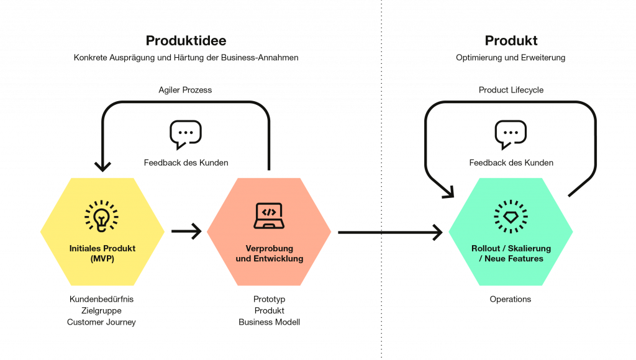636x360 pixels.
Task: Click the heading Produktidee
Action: point(186,41)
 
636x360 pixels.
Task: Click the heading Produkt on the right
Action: point(511,41)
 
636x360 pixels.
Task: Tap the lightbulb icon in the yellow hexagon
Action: point(102,215)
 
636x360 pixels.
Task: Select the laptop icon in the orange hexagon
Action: point(268,215)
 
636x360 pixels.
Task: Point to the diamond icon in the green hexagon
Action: point(511,215)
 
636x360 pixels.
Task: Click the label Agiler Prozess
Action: point(184,90)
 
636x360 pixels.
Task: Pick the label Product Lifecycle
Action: point(511,90)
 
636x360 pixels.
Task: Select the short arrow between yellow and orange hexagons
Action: point(186,232)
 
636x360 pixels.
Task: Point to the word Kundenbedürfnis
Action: point(102,299)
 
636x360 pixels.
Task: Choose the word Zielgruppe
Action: point(102,310)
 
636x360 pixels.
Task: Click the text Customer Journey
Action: point(102,322)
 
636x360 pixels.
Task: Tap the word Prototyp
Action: point(269,299)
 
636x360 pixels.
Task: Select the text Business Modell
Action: point(269,322)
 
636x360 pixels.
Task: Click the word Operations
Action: point(511,299)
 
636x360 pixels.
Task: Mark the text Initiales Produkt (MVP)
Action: point(102,253)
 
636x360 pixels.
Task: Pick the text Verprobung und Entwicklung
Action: point(269,253)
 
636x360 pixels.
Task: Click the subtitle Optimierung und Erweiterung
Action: point(511,58)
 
